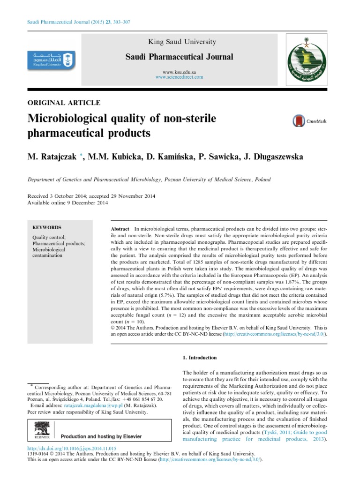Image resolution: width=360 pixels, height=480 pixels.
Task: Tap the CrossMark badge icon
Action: [309, 121]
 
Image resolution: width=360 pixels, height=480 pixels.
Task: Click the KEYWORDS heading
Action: [46, 227]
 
